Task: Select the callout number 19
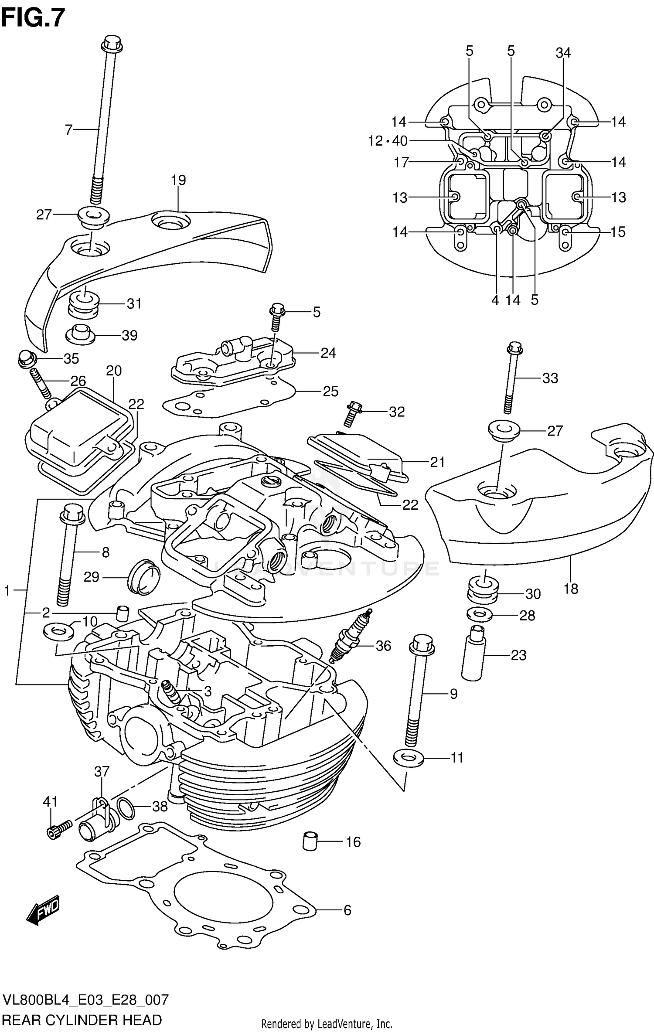(178, 180)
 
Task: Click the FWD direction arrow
(43, 910)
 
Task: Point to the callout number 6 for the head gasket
(347, 910)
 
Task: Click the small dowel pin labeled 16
(310, 841)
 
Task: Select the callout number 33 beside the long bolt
(550, 378)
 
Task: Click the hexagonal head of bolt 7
(112, 42)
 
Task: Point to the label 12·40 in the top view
(388, 141)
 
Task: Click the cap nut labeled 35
(27, 358)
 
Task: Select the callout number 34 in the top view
(563, 53)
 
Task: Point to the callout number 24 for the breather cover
(328, 353)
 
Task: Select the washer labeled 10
(58, 631)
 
